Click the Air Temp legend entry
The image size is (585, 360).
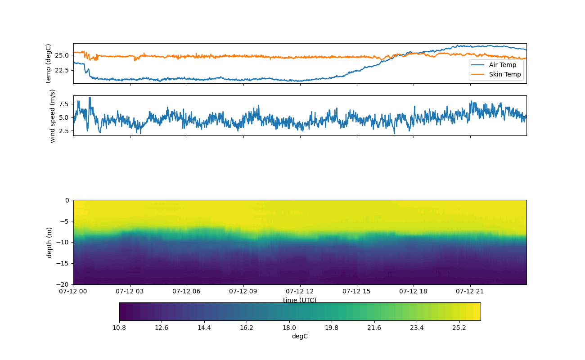click(503, 65)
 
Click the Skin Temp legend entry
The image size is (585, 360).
click(505, 74)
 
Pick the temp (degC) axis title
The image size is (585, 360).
click(49, 63)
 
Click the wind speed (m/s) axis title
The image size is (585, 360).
click(52, 116)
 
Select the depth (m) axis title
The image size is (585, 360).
click(49, 242)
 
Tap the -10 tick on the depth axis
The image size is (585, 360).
click(64, 242)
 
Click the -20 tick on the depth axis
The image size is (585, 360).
click(64, 284)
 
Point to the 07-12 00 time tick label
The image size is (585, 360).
click(73, 291)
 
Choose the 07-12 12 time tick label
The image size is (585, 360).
click(300, 291)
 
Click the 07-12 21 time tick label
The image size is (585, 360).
click(470, 291)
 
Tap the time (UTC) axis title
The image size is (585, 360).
click(300, 300)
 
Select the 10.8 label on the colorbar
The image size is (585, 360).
click(119, 328)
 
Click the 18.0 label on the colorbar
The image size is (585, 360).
click(289, 328)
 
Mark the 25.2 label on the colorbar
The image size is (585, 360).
click(459, 328)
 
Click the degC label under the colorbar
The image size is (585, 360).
click(300, 336)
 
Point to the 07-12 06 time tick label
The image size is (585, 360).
click(187, 291)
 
